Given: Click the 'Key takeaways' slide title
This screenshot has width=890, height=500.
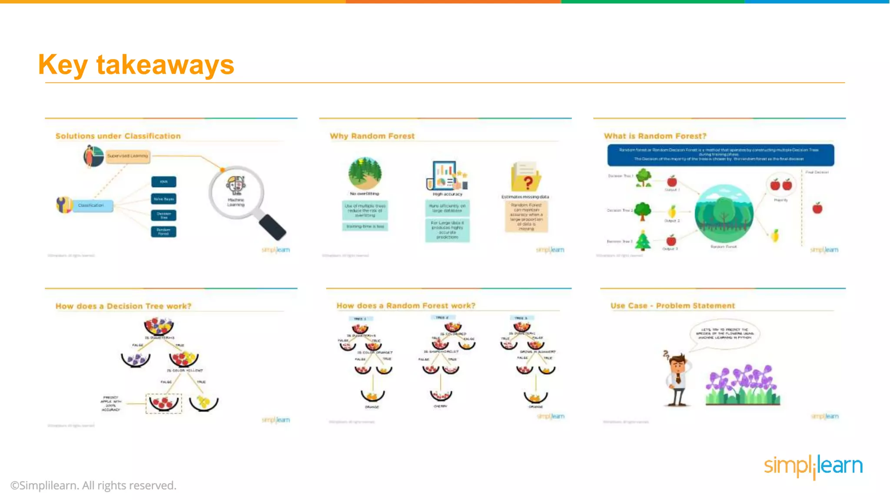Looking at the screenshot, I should [x=136, y=65].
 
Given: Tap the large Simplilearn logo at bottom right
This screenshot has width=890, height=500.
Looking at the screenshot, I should [x=813, y=466].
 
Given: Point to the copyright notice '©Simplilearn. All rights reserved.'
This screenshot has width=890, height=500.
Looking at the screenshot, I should [x=93, y=485].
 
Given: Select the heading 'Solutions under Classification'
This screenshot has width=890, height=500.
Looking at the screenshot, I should [x=118, y=136].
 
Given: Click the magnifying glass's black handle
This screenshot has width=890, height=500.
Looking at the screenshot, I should [x=272, y=227].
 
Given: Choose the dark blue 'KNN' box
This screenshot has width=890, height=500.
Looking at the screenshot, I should [x=163, y=182].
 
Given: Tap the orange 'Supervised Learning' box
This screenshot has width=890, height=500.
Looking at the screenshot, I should [x=128, y=156].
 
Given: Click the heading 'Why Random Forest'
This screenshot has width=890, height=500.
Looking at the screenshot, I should [x=372, y=136].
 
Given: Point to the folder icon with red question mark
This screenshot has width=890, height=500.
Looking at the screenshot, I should [x=526, y=177].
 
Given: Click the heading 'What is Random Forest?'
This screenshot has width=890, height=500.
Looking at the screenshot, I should [x=655, y=136].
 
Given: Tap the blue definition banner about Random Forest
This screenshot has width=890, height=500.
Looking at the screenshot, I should [x=720, y=155].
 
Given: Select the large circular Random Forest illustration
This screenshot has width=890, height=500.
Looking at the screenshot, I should [x=724, y=214].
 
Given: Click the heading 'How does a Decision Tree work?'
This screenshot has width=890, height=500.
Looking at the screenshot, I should [x=123, y=306].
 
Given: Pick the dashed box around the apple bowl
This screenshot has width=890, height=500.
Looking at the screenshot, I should [x=163, y=403].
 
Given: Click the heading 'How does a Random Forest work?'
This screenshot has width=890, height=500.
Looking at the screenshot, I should [x=406, y=306].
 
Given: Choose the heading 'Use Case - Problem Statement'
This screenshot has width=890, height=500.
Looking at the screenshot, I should [x=672, y=306].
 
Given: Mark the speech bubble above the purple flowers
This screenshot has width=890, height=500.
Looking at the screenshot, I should [x=724, y=333].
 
